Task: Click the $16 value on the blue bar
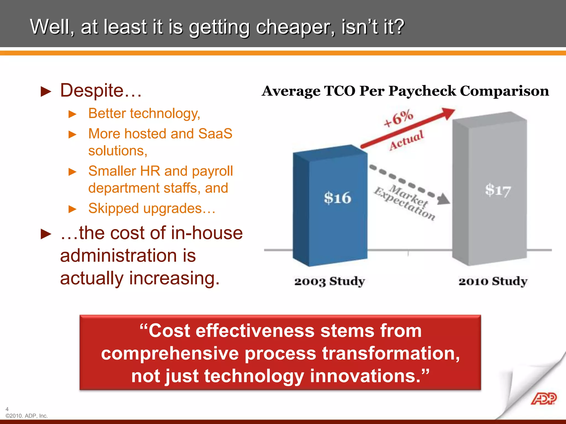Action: tap(337, 198)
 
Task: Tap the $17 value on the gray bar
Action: tap(498, 190)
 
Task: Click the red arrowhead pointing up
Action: tap(447, 113)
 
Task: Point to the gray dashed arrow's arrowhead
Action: tap(444, 199)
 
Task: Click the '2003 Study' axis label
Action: tap(329, 282)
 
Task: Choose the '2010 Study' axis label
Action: tap(493, 282)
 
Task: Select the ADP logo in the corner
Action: tap(543, 399)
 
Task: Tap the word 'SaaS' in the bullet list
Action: tap(215, 134)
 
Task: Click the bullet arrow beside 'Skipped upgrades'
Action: tap(72, 209)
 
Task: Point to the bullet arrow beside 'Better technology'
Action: tap(72, 114)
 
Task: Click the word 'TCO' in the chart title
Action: tap(340, 91)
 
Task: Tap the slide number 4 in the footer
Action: tap(7, 409)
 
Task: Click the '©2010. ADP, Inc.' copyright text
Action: tap(27, 416)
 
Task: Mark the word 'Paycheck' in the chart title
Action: tap(422, 91)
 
